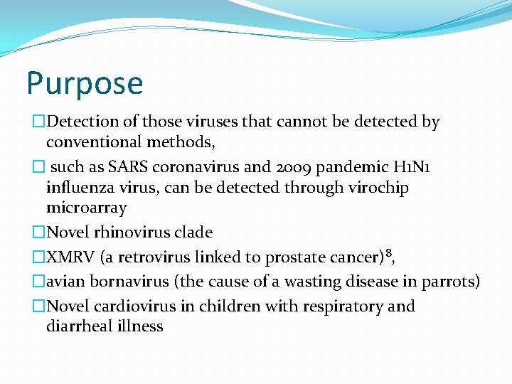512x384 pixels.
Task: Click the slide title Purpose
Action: [85, 84]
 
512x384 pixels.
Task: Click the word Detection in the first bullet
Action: [84, 122]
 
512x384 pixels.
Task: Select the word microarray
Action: [86, 208]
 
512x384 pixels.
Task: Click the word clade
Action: [193, 233]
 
